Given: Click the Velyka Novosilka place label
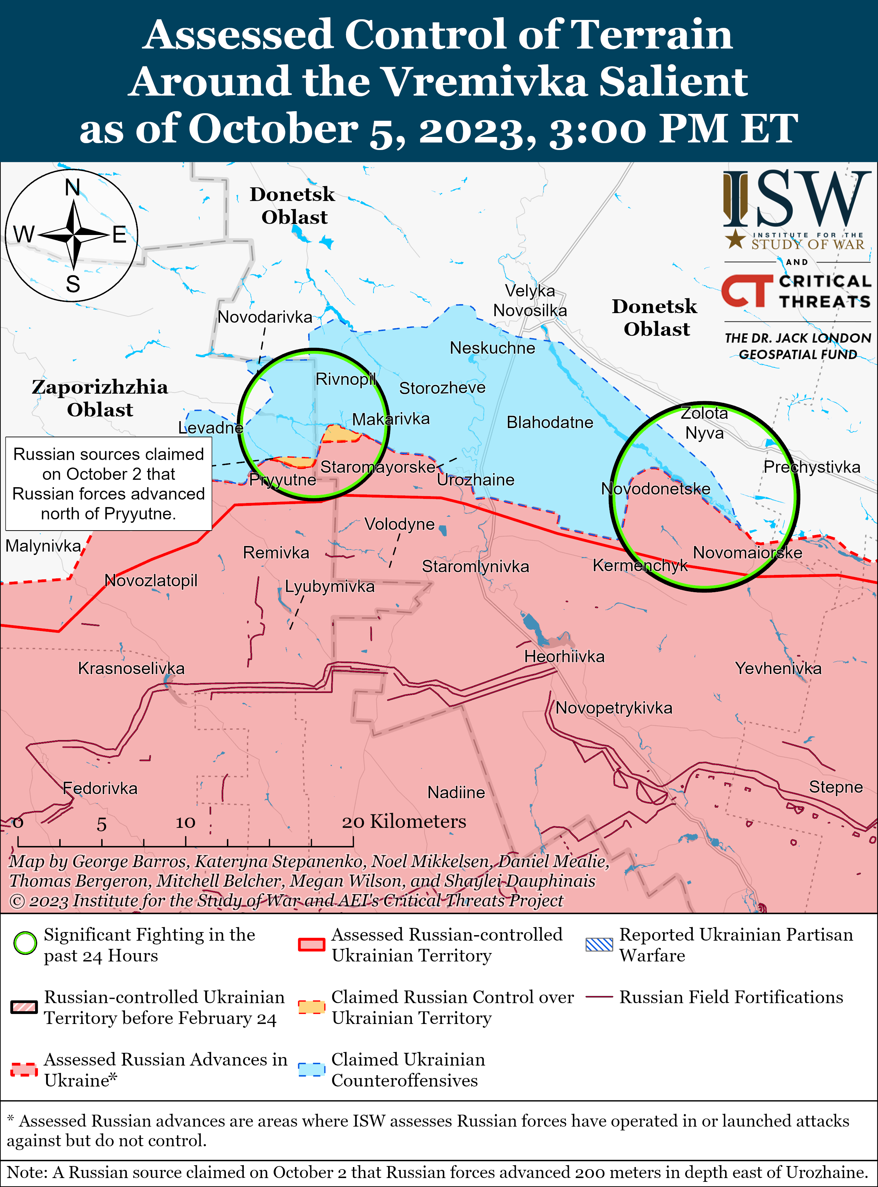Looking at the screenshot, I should tap(530, 301).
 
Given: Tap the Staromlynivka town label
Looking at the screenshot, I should tap(475, 566).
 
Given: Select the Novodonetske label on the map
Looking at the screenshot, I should tap(655, 489).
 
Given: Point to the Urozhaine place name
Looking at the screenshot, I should tap(475, 480).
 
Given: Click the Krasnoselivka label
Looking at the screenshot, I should tap(131, 668).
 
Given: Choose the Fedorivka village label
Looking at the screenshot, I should tap(100, 788).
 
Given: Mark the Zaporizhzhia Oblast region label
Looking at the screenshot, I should tap(100, 398).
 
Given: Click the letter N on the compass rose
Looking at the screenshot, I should tap(72, 188).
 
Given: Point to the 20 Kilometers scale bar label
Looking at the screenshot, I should tap(404, 822).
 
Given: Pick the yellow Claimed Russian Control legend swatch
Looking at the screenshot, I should tap(312, 1006).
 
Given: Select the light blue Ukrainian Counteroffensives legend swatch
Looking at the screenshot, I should tap(312, 1069).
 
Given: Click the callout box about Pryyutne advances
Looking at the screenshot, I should tap(108, 484).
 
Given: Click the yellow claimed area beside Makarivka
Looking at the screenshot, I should tap(340, 435).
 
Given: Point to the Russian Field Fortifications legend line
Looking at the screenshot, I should tap(599, 997).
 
